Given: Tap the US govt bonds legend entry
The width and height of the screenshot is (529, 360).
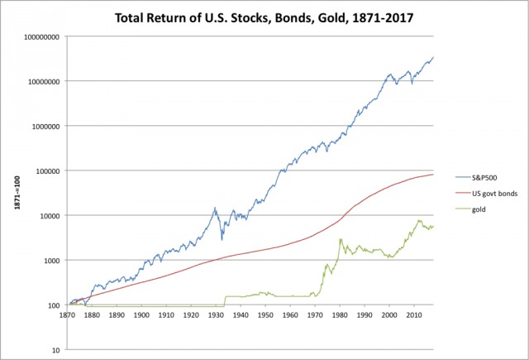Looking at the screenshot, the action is click(486, 194).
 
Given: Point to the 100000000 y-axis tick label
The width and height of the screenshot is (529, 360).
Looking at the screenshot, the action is click(41, 36).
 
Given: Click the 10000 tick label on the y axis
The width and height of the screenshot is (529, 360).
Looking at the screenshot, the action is click(50, 216).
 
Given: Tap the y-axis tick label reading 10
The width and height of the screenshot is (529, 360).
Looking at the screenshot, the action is click(55, 350).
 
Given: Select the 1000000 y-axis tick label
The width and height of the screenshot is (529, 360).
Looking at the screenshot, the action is click(45, 127).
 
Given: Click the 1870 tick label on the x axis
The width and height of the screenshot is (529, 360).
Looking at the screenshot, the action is click(67, 315).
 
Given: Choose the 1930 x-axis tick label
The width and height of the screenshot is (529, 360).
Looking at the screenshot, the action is click(216, 315).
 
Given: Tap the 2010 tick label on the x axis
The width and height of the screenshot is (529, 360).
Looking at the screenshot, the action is click(414, 315).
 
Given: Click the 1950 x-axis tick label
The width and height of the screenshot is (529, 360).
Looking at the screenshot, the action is click(265, 315).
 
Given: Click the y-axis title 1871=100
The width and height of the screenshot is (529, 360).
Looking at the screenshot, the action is click(17, 193).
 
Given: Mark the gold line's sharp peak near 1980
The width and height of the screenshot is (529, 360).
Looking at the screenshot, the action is click(341, 239).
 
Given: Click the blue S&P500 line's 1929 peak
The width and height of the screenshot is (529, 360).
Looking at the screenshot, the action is click(215, 208).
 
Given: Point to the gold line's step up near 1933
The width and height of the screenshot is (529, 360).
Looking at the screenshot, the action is click(225, 301).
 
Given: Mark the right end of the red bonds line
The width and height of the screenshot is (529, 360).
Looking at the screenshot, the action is click(433, 175).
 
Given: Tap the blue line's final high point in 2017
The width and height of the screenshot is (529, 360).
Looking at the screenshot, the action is click(433, 57).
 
